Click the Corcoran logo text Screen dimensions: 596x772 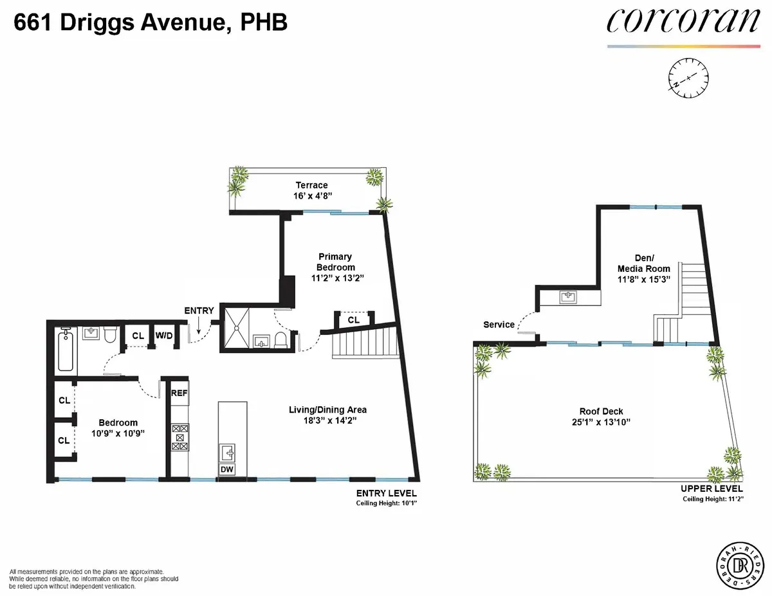click(x=683, y=21)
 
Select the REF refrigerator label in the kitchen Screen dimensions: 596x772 click(x=179, y=392)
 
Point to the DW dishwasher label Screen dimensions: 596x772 click(x=227, y=470)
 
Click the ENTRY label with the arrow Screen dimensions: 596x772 click(x=199, y=311)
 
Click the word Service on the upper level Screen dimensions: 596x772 click(x=499, y=325)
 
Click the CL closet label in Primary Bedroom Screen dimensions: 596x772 click(x=353, y=319)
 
